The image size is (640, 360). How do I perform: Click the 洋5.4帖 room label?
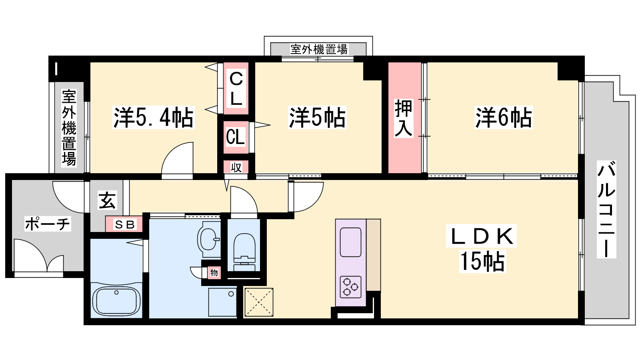154,118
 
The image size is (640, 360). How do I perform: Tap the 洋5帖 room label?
317,118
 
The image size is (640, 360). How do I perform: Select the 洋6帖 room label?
504,118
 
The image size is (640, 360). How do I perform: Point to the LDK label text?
482,236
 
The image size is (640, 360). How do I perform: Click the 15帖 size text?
482,261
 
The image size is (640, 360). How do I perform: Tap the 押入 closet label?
404,118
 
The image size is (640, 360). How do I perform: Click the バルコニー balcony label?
606,210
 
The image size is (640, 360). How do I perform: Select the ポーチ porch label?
48,224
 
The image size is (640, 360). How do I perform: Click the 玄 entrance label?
107,200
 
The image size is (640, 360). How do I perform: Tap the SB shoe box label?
124,224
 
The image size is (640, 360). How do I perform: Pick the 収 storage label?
236,168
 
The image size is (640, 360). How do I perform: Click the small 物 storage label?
214,272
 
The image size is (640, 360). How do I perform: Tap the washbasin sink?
209,240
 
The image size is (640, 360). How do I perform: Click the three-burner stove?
350,287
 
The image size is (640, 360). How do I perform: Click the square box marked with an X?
259,302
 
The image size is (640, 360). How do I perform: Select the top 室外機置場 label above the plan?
319,49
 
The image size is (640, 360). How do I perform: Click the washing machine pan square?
222,302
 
